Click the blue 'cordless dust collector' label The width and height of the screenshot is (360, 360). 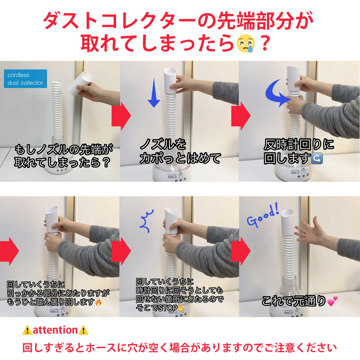click(25, 79)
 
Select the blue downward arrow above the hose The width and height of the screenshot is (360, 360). click(154, 93)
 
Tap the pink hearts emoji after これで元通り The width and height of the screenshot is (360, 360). click(332, 301)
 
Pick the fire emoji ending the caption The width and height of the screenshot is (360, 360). click(98, 302)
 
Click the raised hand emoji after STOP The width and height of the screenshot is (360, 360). click(181, 308)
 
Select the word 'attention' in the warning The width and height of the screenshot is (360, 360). click(55, 330)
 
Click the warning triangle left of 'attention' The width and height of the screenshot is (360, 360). click(27, 330)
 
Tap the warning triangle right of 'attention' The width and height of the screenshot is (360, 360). click(83, 330)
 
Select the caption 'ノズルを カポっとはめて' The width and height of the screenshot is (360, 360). click(180, 151)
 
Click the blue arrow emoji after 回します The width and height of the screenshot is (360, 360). click(317, 158)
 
